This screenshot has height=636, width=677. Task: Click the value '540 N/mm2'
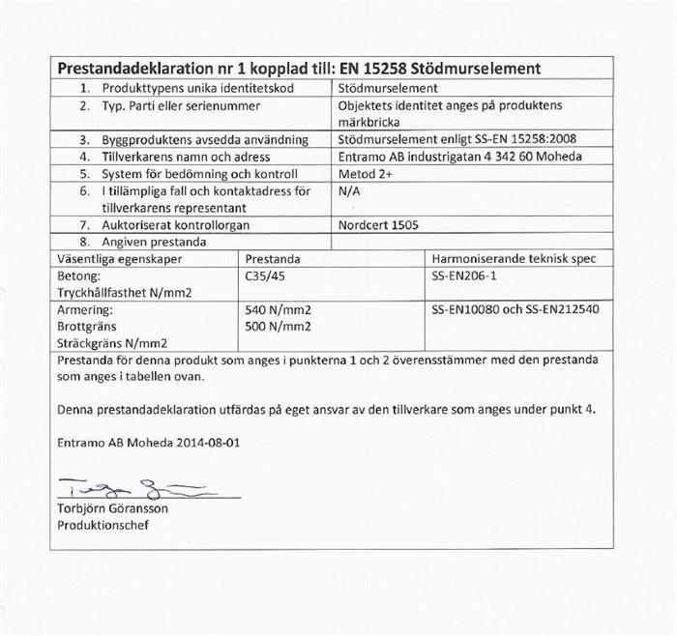(x=279, y=310)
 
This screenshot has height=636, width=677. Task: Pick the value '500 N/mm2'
(x=279, y=327)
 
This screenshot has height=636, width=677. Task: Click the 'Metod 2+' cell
(x=366, y=173)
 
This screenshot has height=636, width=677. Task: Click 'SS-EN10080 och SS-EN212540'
(x=515, y=310)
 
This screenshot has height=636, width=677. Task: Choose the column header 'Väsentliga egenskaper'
(x=120, y=259)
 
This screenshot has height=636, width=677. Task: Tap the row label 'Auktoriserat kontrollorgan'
(x=178, y=224)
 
